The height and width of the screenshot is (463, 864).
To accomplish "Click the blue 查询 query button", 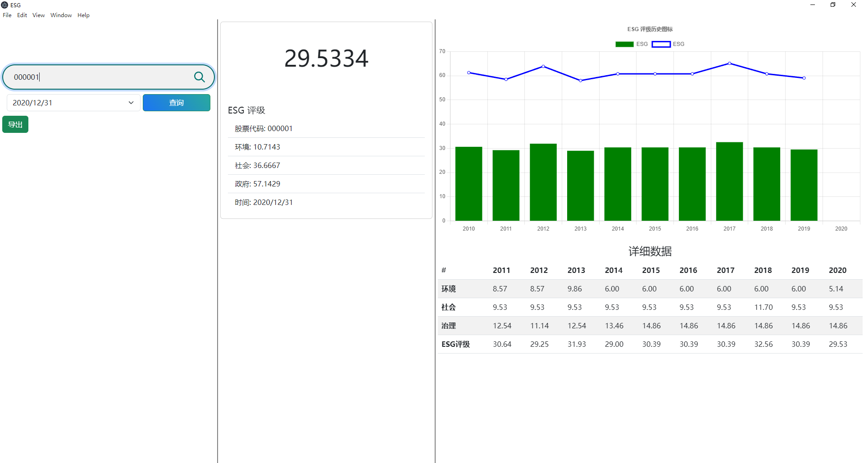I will [176, 103].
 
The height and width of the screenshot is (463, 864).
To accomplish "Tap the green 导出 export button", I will [15, 124].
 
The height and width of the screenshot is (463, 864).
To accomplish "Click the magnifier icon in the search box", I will [199, 77].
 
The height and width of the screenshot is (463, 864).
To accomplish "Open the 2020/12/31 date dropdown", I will [131, 103].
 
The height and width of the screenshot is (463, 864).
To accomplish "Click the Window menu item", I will [61, 15].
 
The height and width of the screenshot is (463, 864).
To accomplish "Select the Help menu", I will [83, 15].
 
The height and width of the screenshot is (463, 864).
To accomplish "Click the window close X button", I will [853, 5].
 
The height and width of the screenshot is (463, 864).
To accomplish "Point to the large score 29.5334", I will [326, 59].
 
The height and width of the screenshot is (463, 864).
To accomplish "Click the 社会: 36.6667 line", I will [257, 165].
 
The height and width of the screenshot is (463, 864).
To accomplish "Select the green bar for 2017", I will [729, 182].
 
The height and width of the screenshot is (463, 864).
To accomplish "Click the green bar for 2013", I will [580, 186].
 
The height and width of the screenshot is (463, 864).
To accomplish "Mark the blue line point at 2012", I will [543, 67].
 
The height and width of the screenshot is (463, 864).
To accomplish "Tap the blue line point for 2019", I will [804, 78].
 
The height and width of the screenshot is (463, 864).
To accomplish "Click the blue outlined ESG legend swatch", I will [661, 44].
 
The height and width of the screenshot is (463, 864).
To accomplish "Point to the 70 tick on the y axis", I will [442, 51].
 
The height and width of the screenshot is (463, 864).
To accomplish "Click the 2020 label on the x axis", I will [841, 229].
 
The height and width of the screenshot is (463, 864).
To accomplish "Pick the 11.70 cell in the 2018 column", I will [763, 307].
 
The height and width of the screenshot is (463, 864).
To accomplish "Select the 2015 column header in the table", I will [651, 270].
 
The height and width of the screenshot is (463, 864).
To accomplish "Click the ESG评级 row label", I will [455, 344].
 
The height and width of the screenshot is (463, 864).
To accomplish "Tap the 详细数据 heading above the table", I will [650, 251].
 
